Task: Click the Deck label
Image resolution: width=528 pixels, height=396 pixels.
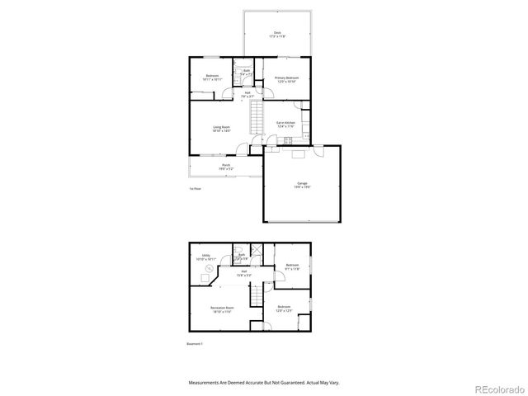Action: point(277,35)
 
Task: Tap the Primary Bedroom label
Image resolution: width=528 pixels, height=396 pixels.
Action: point(286,79)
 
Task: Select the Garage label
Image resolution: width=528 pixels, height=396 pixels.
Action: point(303,185)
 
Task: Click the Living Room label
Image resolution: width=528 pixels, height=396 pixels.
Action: point(221,130)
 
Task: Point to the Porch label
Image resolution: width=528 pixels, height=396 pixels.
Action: point(226,167)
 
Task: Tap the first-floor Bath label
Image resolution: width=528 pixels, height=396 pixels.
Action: point(246,73)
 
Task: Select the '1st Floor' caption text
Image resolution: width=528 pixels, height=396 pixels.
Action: point(195,189)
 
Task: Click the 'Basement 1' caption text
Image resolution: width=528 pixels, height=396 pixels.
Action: point(196,343)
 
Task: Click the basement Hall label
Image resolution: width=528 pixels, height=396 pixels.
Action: point(244,273)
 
